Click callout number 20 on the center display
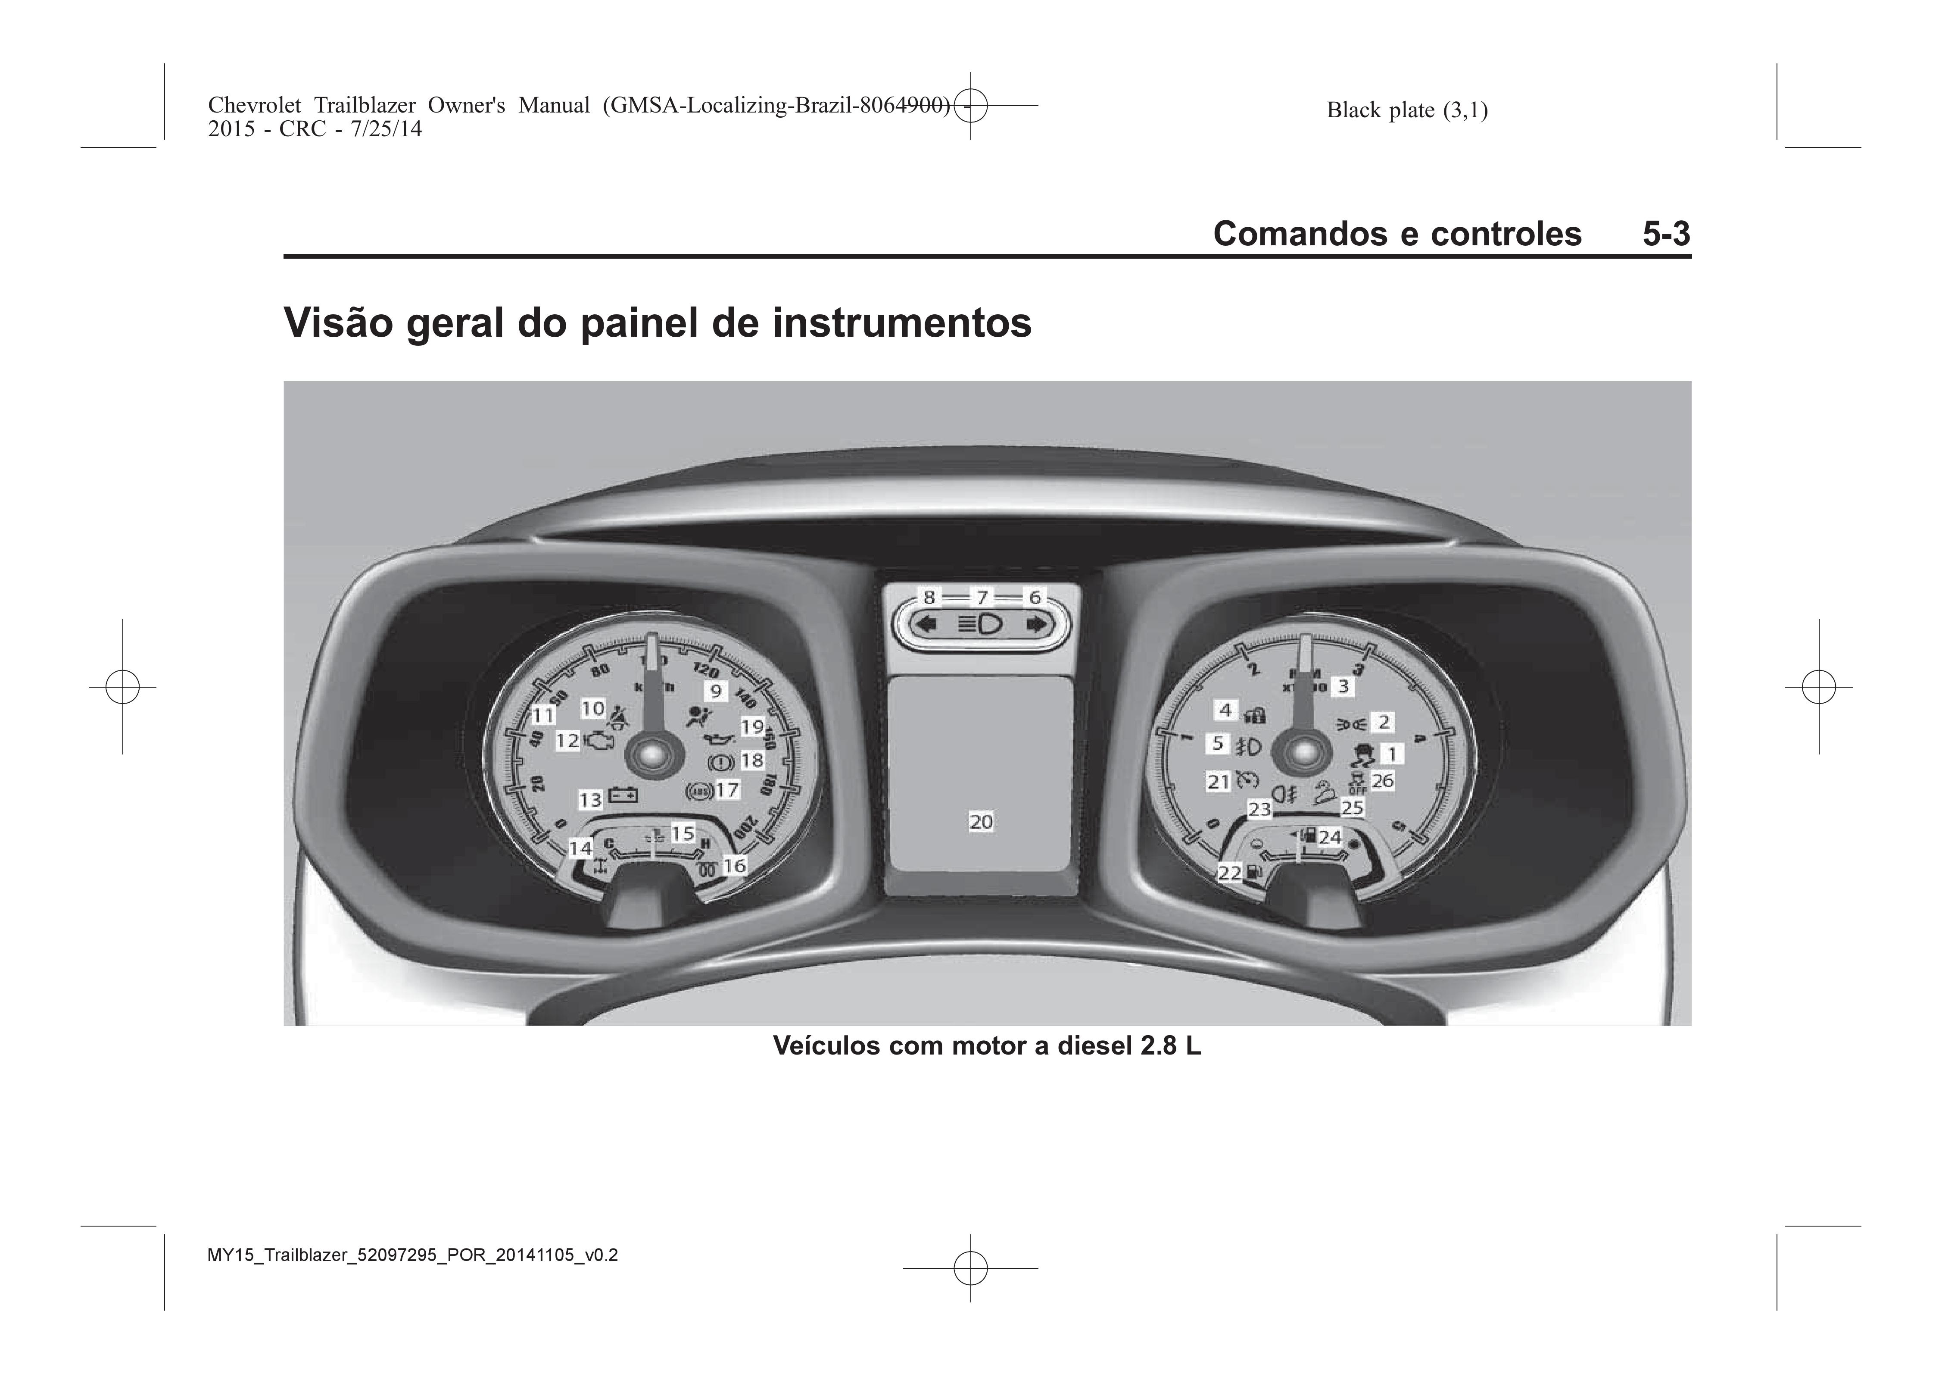(x=981, y=822)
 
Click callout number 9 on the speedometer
(x=716, y=691)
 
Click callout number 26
(x=1383, y=780)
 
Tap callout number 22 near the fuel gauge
(x=1229, y=872)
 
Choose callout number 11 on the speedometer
(x=542, y=716)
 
